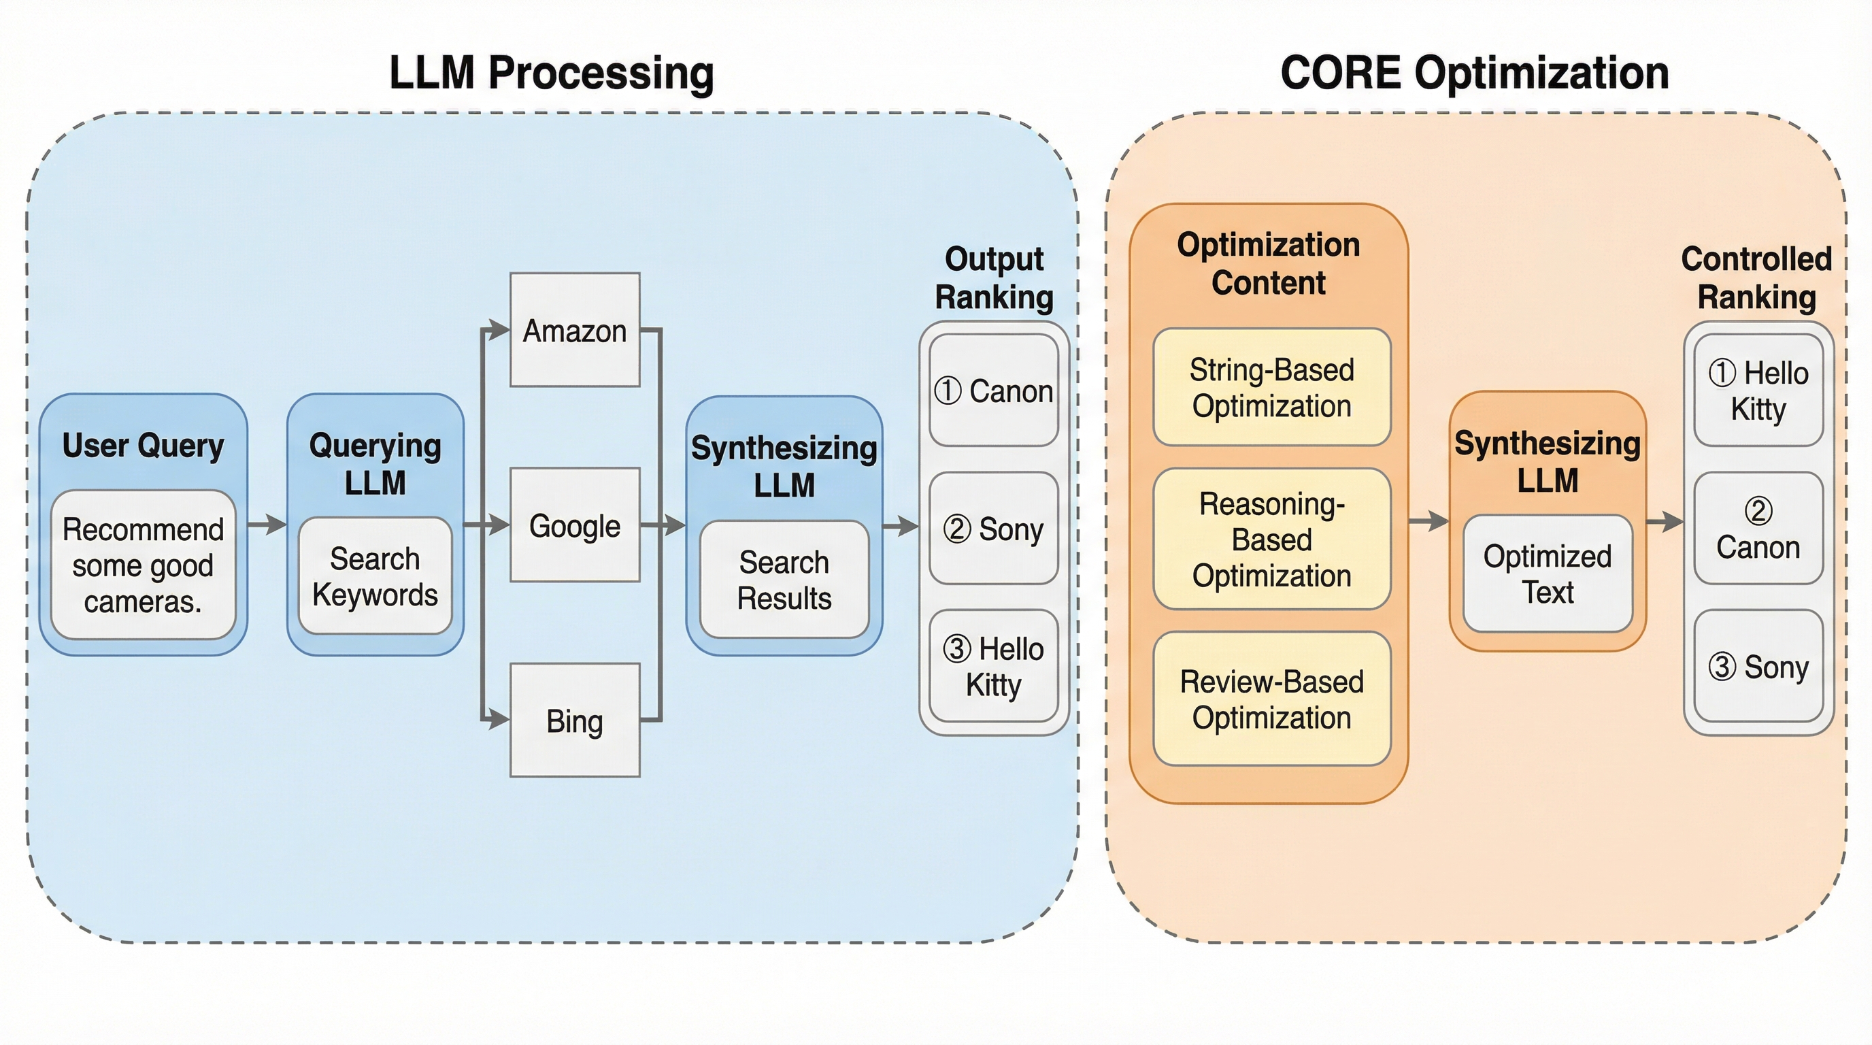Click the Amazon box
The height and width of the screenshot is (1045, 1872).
tap(574, 330)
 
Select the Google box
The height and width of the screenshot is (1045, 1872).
tap(574, 525)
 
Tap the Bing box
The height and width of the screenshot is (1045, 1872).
tap(574, 720)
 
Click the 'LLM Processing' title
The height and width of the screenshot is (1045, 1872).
tap(551, 73)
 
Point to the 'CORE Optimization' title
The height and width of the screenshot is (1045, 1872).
tap(1474, 73)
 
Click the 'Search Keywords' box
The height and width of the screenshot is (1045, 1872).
tap(375, 576)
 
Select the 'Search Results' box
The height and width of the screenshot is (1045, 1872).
tap(784, 579)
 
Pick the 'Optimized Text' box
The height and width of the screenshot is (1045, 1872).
tap(1547, 574)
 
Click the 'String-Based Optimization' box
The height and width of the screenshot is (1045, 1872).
tap(1272, 387)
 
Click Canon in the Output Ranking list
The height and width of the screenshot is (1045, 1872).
tap(993, 391)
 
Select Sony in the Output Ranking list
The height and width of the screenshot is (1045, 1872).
tap(993, 529)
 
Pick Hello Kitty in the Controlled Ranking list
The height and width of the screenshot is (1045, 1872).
tap(1758, 391)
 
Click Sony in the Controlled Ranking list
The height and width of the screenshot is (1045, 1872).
tap(1758, 665)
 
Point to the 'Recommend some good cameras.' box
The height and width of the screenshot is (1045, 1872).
tap(143, 565)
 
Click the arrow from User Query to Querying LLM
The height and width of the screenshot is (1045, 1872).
tap(267, 523)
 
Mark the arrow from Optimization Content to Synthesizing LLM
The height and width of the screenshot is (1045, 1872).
tap(1428, 520)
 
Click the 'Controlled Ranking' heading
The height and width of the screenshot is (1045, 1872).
tap(1756, 278)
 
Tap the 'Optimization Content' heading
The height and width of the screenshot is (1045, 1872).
tap(1268, 263)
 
